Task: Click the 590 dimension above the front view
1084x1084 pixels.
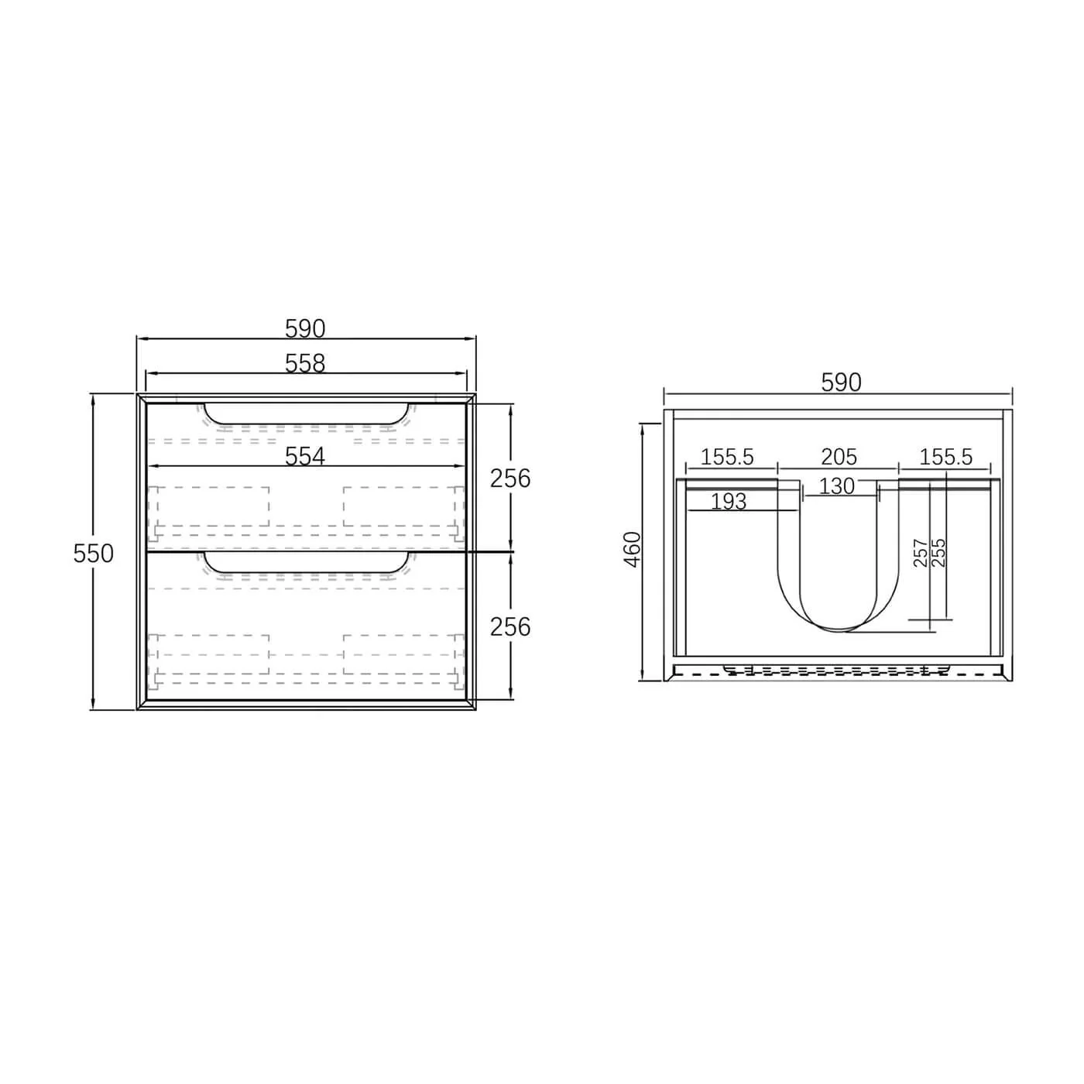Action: [x=305, y=329]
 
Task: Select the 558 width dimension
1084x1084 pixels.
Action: [x=305, y=363]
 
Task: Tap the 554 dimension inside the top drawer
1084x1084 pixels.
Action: [x=305, y=457]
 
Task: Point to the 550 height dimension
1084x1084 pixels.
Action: [x=94, y=553]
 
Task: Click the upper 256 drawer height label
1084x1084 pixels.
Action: [x=510, y=479]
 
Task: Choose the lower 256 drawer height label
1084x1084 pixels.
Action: [x=510, y=626]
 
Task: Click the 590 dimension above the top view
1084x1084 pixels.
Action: [x=840, y=382]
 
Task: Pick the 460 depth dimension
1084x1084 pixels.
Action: [x=633, y=549]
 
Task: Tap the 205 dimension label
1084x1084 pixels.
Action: [x=839, y=457]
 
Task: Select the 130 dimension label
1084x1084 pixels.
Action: [x=837, y=486]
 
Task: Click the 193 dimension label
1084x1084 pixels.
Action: [x=728, y=502]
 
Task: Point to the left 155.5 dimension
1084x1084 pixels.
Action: [x=727, y=457]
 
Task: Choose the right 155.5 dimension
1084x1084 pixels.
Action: [x=946, y=457]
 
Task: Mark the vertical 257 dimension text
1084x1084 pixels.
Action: [x=921, y=553]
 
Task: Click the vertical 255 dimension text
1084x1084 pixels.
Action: [x=938, y=553]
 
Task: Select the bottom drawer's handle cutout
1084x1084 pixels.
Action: [x=306, y=563]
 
